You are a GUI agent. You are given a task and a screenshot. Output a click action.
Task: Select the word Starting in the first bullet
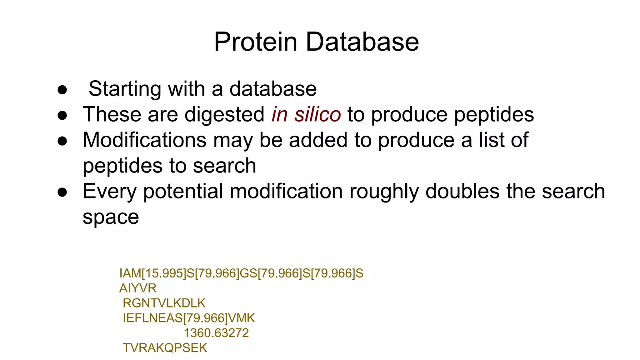click(x=125, y=89)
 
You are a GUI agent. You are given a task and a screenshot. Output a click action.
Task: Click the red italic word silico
click(x=317, y=115)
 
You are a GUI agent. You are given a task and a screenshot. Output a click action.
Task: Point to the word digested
click(x=224, y=115)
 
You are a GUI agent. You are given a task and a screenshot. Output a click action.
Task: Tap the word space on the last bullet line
click(x=111, y=217)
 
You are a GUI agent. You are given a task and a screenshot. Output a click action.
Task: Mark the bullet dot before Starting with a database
click(x=62, y=90)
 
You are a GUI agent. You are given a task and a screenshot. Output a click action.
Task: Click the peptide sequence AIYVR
click(x=138, y=288)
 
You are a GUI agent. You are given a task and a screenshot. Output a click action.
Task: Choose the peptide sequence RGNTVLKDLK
click(x=164, y=303)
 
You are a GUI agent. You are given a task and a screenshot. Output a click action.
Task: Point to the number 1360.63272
click(x=216, y=333)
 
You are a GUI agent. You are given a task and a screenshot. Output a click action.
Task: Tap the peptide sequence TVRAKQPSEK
click(x=165, y=348)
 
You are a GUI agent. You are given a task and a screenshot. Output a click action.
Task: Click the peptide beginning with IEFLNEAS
click(x=189, y=318)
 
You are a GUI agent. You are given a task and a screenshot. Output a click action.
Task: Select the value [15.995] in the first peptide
click(x=164, y=273)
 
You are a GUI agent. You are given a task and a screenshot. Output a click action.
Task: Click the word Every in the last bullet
click(x=110, y=192)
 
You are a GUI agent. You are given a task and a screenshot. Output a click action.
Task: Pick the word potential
click(x=183, y=192)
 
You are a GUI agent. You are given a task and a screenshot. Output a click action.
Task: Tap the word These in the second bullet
click(x=112, y=115)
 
